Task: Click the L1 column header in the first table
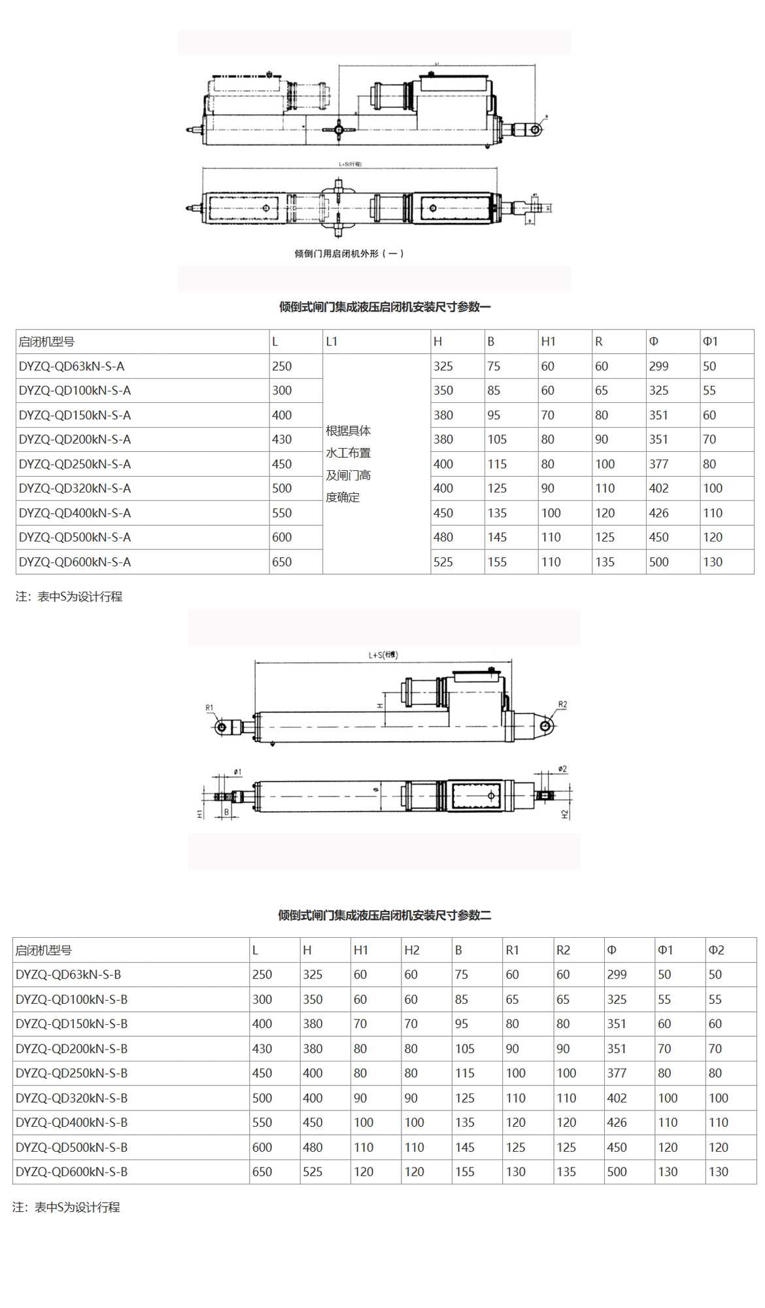point(331,341)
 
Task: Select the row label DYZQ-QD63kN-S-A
point(71,366)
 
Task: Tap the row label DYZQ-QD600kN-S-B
point(71,1171)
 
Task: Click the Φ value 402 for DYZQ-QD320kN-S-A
point(658,488)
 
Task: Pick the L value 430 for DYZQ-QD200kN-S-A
point(282,439)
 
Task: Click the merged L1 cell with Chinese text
point(348,464)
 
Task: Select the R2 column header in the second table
point(563,950)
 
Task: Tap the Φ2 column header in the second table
point(716,950)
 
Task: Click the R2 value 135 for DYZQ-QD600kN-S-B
point(566,1171)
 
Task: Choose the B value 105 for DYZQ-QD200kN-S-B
point(465,1048)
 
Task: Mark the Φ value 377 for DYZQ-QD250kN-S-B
point(617,1073)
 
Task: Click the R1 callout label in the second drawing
point(209,708)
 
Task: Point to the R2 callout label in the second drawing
point(562,704)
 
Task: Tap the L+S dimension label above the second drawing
point(382,655)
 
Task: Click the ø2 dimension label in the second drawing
point(562,769)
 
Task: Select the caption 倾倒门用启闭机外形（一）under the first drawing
point(349,254)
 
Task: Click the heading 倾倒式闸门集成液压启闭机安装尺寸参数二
point(384,915)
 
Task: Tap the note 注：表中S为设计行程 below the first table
point(69,596)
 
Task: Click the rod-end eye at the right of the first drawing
point(535,129)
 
